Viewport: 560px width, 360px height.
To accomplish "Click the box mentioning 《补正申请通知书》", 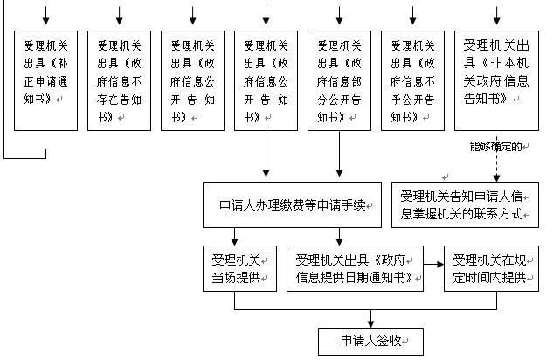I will click(x=46, y=80).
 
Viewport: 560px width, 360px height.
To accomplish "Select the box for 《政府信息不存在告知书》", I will click(x=120, y=80).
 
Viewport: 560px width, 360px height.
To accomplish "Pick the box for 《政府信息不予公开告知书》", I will click(x=413, y=80).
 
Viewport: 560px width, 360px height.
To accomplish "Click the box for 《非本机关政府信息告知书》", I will click(x=497, y=80).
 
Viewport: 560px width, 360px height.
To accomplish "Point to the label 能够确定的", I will click(x=494, y=147).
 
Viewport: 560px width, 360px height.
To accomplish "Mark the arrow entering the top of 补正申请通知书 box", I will click(x=46, y=17).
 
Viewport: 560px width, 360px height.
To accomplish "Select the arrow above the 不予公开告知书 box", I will click(x=413, y=17).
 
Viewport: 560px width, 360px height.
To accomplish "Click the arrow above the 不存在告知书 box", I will click(x=120, y=17).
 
